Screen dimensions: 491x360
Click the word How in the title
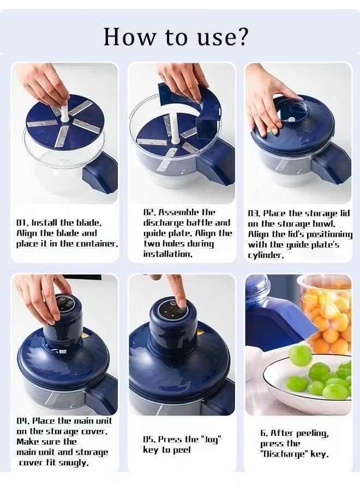pos(125,37)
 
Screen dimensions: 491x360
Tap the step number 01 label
pos(22,223)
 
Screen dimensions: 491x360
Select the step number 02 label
pos(149,212)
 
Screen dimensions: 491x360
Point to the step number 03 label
pos(254,213)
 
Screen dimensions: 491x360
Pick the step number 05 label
pos(149,439)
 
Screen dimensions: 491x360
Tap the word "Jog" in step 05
pos(209,439)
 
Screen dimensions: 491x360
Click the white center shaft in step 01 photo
pos(64,112)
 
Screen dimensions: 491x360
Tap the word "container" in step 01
pos(98,243)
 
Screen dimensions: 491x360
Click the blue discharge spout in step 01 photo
pos(101,172)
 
